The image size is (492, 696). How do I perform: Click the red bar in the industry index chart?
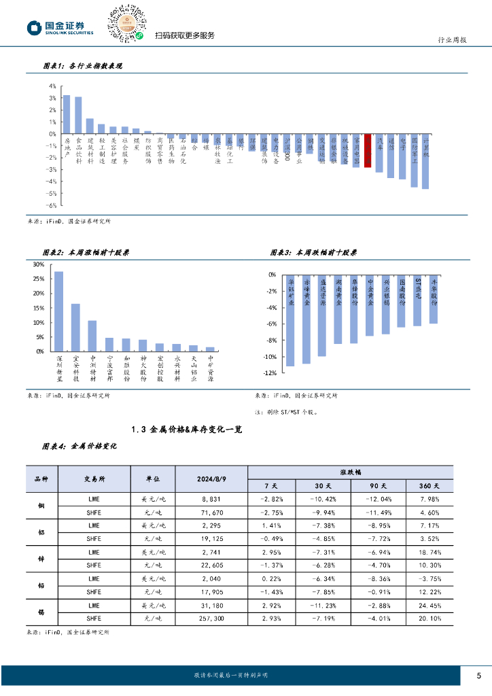pos(367,150)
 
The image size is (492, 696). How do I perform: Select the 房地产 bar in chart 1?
pos(67,114)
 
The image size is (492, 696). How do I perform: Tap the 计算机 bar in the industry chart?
pos(425,161)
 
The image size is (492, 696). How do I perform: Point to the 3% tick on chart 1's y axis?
pos(53,99)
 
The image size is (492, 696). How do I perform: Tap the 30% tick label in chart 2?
pos(39,265)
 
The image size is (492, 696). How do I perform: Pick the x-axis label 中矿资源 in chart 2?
pos(210,368)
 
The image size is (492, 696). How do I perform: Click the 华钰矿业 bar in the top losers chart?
pos(291,320)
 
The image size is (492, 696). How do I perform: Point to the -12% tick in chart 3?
pos(270,373)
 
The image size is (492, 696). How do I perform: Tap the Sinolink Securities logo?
pos(60,28)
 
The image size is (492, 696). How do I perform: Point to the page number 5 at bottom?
pos(478,675)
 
